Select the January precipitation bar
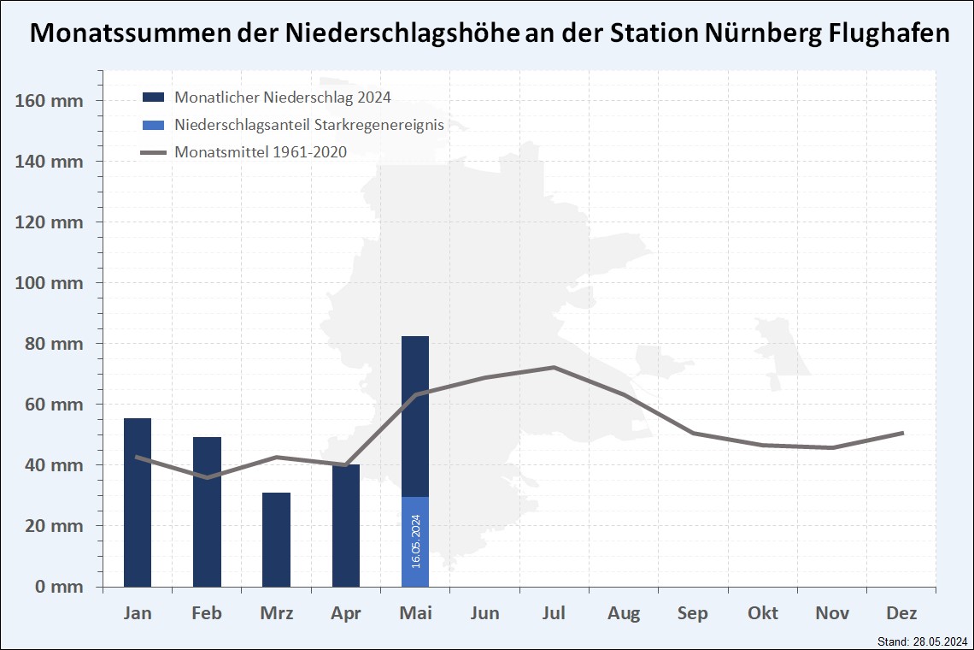point(138,502)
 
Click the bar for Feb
point(207,511)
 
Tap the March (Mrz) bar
point(276,540)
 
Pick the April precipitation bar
point(346,525)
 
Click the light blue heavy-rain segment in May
point(415,541)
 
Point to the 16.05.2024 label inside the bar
point(416,541)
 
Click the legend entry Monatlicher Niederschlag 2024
point(282,97)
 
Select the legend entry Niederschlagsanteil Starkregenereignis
point(308,125)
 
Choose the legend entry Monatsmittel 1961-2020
point(261,152)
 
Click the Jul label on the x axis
point(554,613)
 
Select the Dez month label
point(901,613)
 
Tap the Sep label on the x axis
point(693,613)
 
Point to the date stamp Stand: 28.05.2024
point(922,641)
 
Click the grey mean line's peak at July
point(554,367)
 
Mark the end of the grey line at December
point(902,433)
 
